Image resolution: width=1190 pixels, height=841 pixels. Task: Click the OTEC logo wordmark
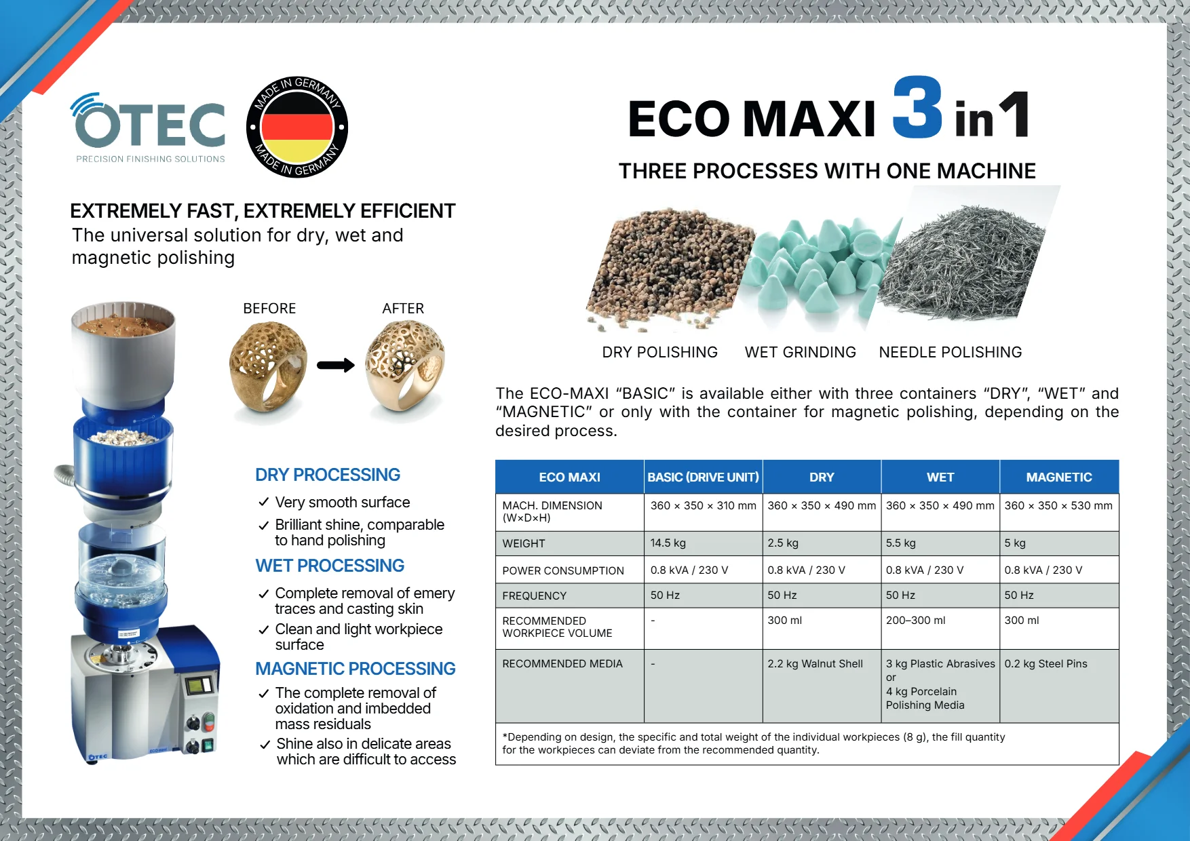149,121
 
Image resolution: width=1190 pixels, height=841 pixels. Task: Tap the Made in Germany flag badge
297,127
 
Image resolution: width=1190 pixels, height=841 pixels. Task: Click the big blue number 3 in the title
918,106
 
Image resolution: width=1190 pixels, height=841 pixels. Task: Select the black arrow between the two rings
336,366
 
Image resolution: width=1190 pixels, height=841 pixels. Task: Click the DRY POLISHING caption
659,352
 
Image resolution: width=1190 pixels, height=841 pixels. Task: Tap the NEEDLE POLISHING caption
950,352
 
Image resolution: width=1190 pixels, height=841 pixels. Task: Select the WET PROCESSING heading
330,566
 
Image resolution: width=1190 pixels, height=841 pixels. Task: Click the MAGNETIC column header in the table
1059,477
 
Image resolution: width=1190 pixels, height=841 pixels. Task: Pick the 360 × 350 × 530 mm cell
1058,505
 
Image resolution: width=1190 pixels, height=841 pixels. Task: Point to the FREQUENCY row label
534,595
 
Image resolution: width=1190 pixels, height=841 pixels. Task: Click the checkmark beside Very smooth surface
264,503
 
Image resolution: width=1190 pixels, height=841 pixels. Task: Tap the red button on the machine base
209,720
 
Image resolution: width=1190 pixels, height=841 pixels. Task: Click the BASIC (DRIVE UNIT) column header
703,477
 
